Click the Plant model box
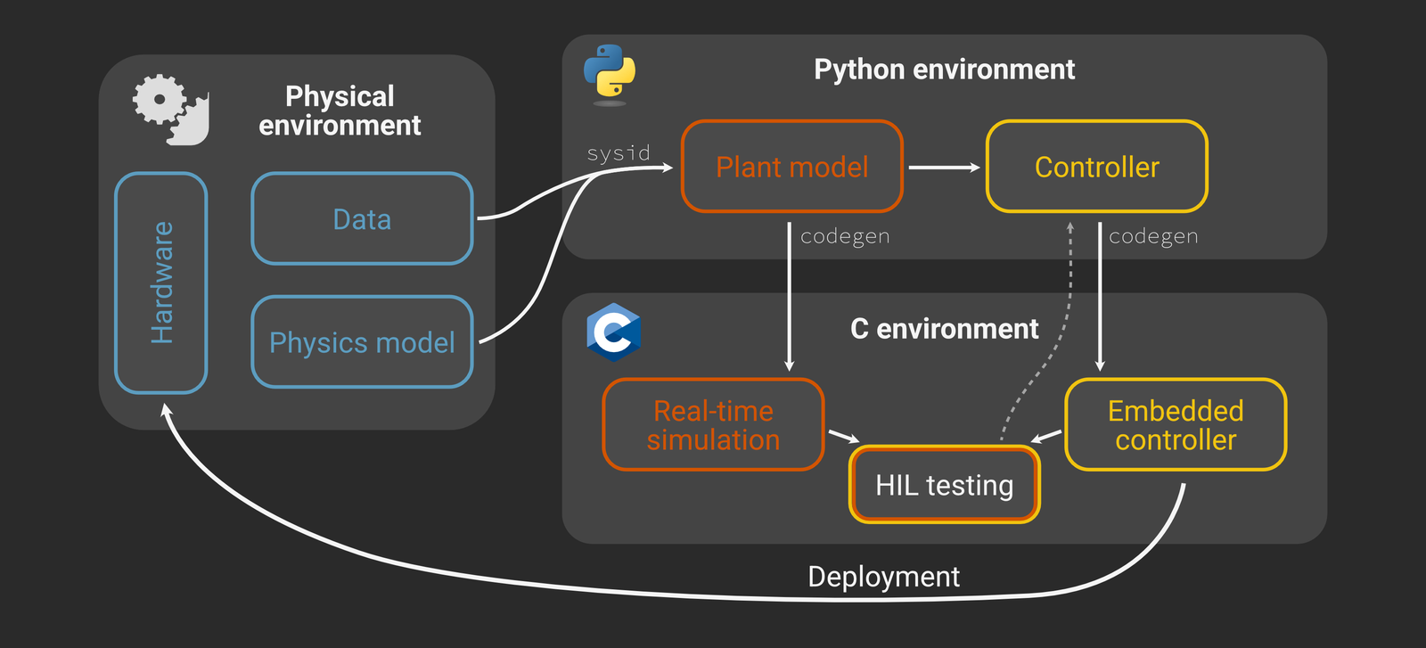(791, 167)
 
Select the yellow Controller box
(1096, 167)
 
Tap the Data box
(362, 219)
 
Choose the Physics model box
(362, 342)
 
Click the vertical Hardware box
(161, 283)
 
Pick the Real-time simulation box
(713, 425)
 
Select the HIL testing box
(944, 485)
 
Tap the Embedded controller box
(1175, 425)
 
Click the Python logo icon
(610, 73)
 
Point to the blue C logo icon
(613, 332)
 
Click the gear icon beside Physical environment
(169, 109)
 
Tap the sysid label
(618, 153)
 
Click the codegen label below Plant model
(844, 236)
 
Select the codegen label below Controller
(1152, 236)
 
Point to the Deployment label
(883, 577)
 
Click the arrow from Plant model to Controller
(943, 167)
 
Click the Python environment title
(944, 70)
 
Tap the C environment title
(944, 329)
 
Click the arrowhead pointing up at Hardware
(165, 409)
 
